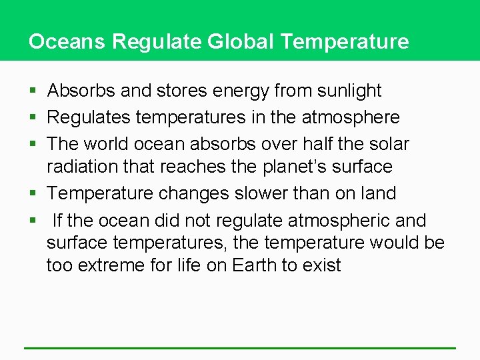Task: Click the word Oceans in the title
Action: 67,41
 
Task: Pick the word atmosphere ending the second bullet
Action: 351,117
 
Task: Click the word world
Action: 113,144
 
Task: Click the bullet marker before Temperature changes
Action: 33,194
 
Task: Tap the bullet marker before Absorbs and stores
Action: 33,91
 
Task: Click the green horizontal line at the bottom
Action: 240,348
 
